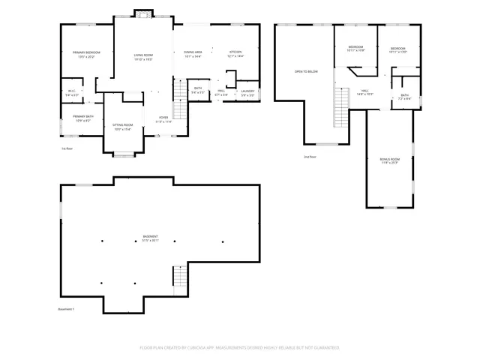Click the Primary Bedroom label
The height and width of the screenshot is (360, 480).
[87, 54]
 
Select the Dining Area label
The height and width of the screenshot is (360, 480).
[193, 54]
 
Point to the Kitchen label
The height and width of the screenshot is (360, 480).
[235, 54]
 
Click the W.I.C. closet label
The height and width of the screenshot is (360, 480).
[72, 93]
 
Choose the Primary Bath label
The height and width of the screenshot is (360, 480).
[82, 118]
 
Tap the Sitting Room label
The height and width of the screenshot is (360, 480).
[122, 127]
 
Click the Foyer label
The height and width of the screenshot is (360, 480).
[163, 118]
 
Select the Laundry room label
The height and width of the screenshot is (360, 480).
[247, 93]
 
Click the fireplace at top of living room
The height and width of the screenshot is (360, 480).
[142, 13]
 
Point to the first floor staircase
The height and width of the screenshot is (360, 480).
[180, 92]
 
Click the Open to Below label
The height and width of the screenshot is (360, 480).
[306, 71]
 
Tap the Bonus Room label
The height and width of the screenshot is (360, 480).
[388, 160]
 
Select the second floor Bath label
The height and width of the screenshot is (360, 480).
[404, 96]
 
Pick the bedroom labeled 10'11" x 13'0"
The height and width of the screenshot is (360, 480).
[397, 50]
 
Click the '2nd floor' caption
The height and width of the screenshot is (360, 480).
[310, 157]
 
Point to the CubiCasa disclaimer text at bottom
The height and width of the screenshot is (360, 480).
[239, 347]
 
